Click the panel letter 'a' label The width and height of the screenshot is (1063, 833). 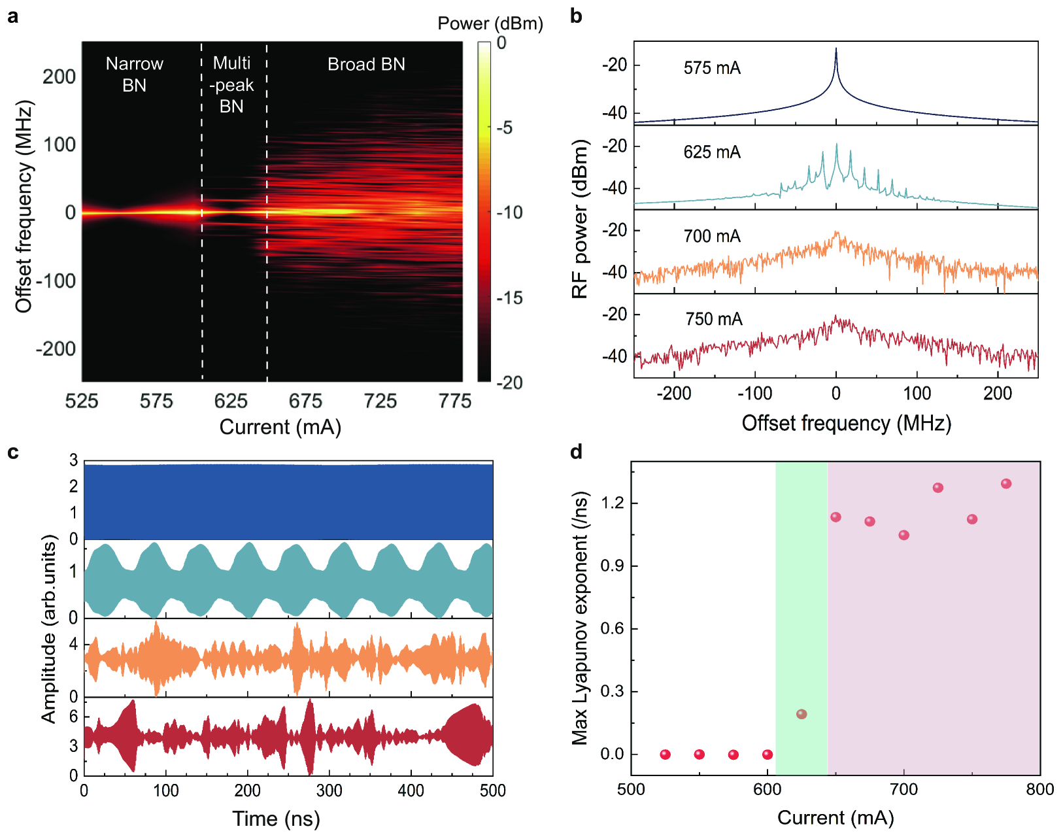click(x=12, y=16)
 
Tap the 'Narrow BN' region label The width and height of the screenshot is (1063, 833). click(x=134, y=74)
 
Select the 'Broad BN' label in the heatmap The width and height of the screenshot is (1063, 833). click(x=366, y=64)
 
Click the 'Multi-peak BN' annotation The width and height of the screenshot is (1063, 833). click(x=231, y=84)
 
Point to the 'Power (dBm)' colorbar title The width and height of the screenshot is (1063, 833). click(x=490, y=24)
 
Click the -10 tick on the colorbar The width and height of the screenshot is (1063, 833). click(x=510, y=212)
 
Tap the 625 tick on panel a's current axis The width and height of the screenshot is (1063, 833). click(x=231, y=401)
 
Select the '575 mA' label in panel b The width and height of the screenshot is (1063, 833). click(x=712, y=68)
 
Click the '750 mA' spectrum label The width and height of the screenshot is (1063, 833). click(x=714, y=319)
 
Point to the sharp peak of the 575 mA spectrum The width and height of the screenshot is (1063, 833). click(x=835, y=50)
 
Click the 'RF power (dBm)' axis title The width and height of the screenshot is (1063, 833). click(x=580, y=220)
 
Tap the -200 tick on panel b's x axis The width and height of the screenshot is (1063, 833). click(x=674, y=394)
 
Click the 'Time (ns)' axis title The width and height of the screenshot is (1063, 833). click(x=276, y=819)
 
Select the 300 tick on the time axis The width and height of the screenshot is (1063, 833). click(x=329, y=791)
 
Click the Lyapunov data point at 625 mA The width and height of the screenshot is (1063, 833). click(x=801, y=714)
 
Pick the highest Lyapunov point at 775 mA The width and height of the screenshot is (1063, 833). click(x=1006, y=484)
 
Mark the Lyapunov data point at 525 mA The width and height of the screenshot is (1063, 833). click(x=665, y=755)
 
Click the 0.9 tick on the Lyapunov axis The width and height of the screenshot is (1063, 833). click(x=612, y=566)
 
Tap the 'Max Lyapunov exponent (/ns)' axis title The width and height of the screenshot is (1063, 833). click(x=580, y=619)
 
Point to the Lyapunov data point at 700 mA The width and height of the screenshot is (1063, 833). click(x=903, y=535)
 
